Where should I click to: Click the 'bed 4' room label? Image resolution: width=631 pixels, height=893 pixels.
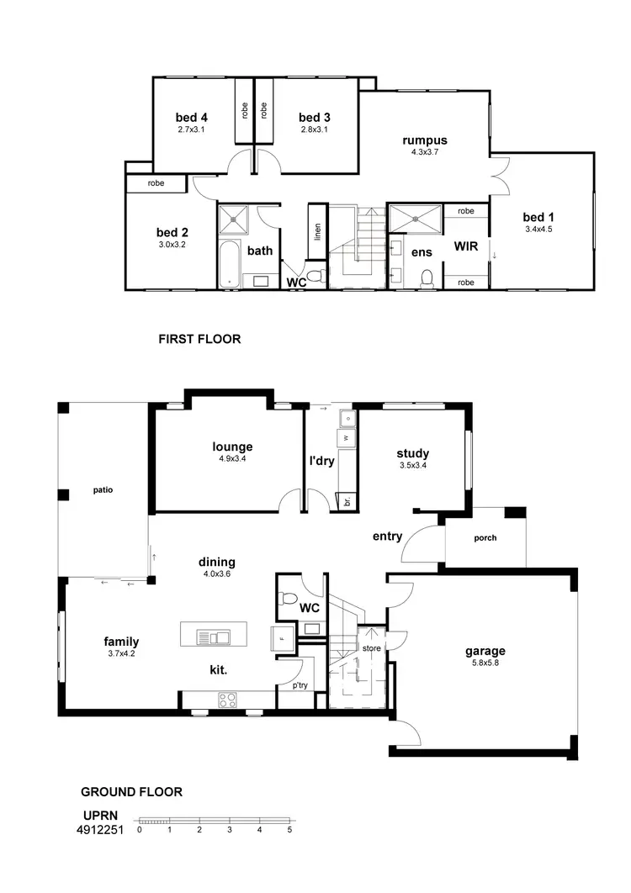(x=191, y=117)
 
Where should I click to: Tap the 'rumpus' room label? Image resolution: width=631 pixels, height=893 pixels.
(x=424, y=140)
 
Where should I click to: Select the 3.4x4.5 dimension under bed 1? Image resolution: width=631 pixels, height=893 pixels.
(x=539, y=229)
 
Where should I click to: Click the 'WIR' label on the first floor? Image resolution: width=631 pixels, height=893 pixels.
(x=466, y=247)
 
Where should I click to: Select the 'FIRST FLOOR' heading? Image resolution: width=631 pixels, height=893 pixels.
(x=199, y=340)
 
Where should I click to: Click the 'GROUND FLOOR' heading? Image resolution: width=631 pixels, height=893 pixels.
(x=131, y=791)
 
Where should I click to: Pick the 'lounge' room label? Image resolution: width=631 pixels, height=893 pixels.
(x=232, y=447)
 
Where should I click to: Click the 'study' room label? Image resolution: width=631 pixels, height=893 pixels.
(x=413, y=453)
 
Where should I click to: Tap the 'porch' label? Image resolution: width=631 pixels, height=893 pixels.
(x=485, y=538)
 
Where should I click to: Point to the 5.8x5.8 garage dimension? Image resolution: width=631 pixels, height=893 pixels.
(x=485, y=663)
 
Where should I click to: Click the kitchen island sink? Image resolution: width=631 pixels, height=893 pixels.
(x=214, y=637)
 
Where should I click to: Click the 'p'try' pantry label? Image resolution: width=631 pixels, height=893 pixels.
(x=300, y=686)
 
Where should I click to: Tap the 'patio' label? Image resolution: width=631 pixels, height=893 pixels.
(x=103, y=489)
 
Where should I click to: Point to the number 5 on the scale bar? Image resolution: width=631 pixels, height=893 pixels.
(x=289, y=830)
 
